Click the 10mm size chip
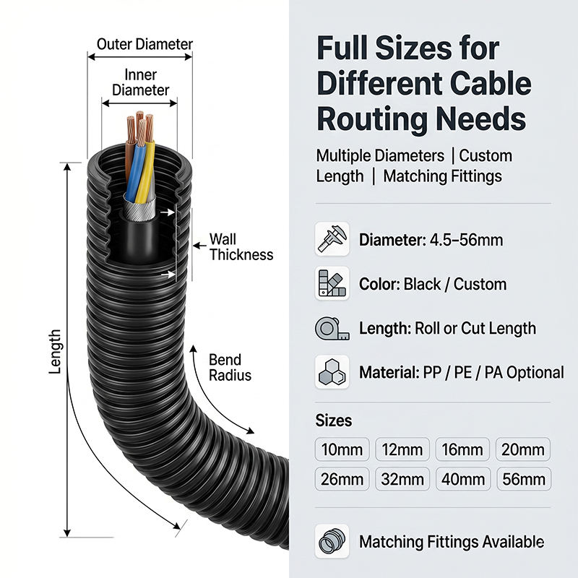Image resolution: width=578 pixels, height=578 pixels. click(342, 449)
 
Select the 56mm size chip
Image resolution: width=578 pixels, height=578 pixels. click(524, 479)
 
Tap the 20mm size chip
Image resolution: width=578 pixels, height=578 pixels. click(523, 449)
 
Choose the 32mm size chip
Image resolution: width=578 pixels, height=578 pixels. click(402, 479)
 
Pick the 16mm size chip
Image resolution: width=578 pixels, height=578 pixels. click(462, 449)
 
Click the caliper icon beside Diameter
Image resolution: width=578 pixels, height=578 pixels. click(332, 239)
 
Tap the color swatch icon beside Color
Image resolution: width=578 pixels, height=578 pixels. click(332, 283)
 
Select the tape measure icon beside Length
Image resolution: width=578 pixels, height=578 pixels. click(332, 328)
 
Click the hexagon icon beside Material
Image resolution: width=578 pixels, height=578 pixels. click(332, 372)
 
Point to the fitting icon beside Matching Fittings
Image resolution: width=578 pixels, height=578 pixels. click(332, 541)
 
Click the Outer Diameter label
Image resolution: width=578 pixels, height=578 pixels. click(144, 44)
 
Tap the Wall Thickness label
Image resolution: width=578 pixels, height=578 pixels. click(241, 247)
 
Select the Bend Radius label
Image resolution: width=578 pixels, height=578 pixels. click(230, 368)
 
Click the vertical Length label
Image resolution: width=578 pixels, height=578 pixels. click(55, 352)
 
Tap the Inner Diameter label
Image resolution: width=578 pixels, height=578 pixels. click(140, 82)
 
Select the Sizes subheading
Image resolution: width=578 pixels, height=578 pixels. click(334, 420)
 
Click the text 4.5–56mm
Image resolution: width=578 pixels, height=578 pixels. click(466, 240)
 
